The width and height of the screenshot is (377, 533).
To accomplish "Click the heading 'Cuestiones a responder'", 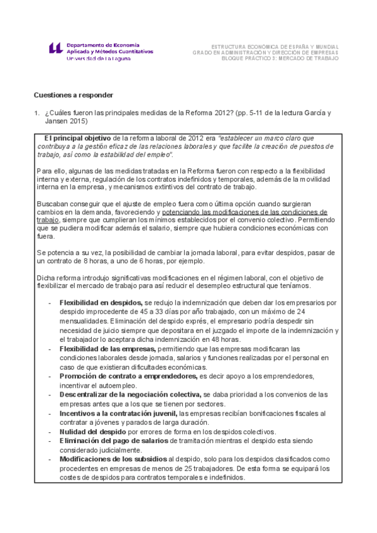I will pyautogui.click(x=73, y=95).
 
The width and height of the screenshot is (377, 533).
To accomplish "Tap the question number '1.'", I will pyautogui.click(x=36, y=113).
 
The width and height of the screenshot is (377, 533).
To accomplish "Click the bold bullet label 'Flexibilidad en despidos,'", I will pyautogui.click(x=101, y=302).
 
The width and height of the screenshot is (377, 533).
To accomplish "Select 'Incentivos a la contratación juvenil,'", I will pyautogui.click(x=118, y=413).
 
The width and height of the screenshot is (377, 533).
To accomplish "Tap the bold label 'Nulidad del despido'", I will pyautogui.click(x=93, y=432).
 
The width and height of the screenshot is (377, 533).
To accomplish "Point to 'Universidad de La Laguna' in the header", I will pyautogui.click(x=99, y=58).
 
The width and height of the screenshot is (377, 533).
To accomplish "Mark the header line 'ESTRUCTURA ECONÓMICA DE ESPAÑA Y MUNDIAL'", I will pyautogui.click(x=275, y=47).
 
